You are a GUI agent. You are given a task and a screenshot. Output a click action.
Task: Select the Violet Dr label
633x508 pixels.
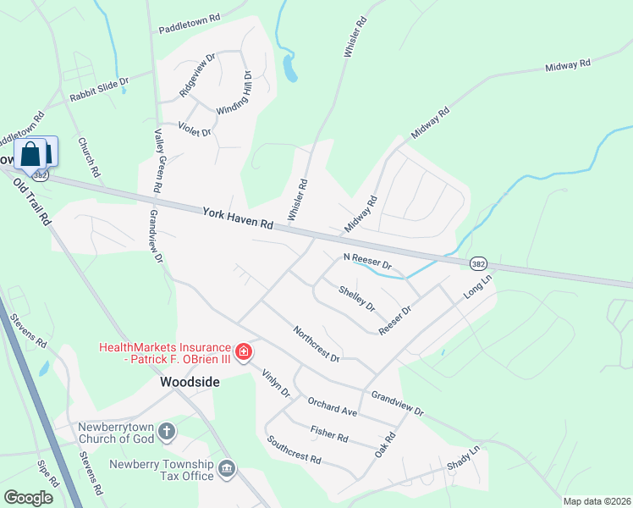click(x=195, y=130)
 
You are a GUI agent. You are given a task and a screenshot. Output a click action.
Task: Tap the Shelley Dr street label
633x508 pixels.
click(x=356, y=297)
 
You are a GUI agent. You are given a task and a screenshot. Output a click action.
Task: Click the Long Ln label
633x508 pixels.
click(x=477, y=285)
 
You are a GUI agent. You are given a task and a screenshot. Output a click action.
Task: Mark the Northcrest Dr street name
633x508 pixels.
click(x=316, y=344)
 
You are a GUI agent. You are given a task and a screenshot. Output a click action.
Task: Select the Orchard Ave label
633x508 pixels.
click(x=333, y=406)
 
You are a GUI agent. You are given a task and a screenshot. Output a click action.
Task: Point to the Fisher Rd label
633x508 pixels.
click(x=329, y=434)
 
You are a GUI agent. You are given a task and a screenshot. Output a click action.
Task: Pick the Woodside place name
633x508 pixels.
click(x=190, y=382)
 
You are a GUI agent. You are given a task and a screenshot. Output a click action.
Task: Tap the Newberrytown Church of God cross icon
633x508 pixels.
click(x=168, y=432)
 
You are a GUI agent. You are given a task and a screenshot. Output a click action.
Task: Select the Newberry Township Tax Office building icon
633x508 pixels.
click(x=226, y=468)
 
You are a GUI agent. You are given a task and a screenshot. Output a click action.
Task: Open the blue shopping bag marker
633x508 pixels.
click(x=31, y=154)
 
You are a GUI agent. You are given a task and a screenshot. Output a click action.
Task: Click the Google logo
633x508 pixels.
click(x=28, y=498)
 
